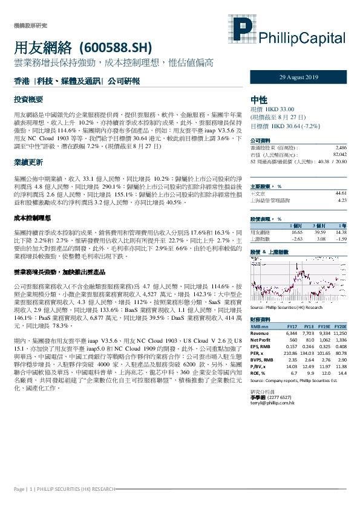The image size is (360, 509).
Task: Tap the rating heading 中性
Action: coord(258,100)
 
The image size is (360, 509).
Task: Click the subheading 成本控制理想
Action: coord(31,217)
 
